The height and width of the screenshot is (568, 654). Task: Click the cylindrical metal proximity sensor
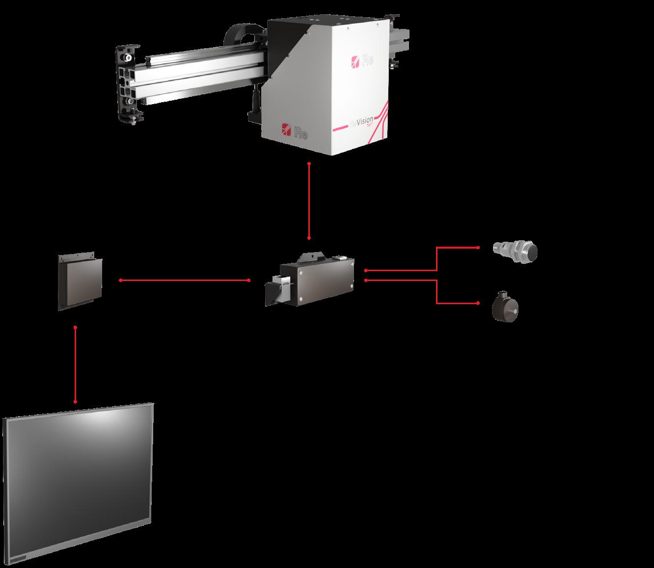[515, 249]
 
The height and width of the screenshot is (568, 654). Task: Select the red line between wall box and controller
[185, 281]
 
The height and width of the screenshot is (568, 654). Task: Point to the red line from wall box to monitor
[75, 364]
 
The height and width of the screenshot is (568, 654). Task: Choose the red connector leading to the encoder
[437, 292]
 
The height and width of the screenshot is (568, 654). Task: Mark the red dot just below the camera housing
[309, 163]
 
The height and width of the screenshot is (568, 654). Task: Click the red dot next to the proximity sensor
[478, 248]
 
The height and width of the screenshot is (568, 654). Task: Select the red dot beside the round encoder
[478, 303]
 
